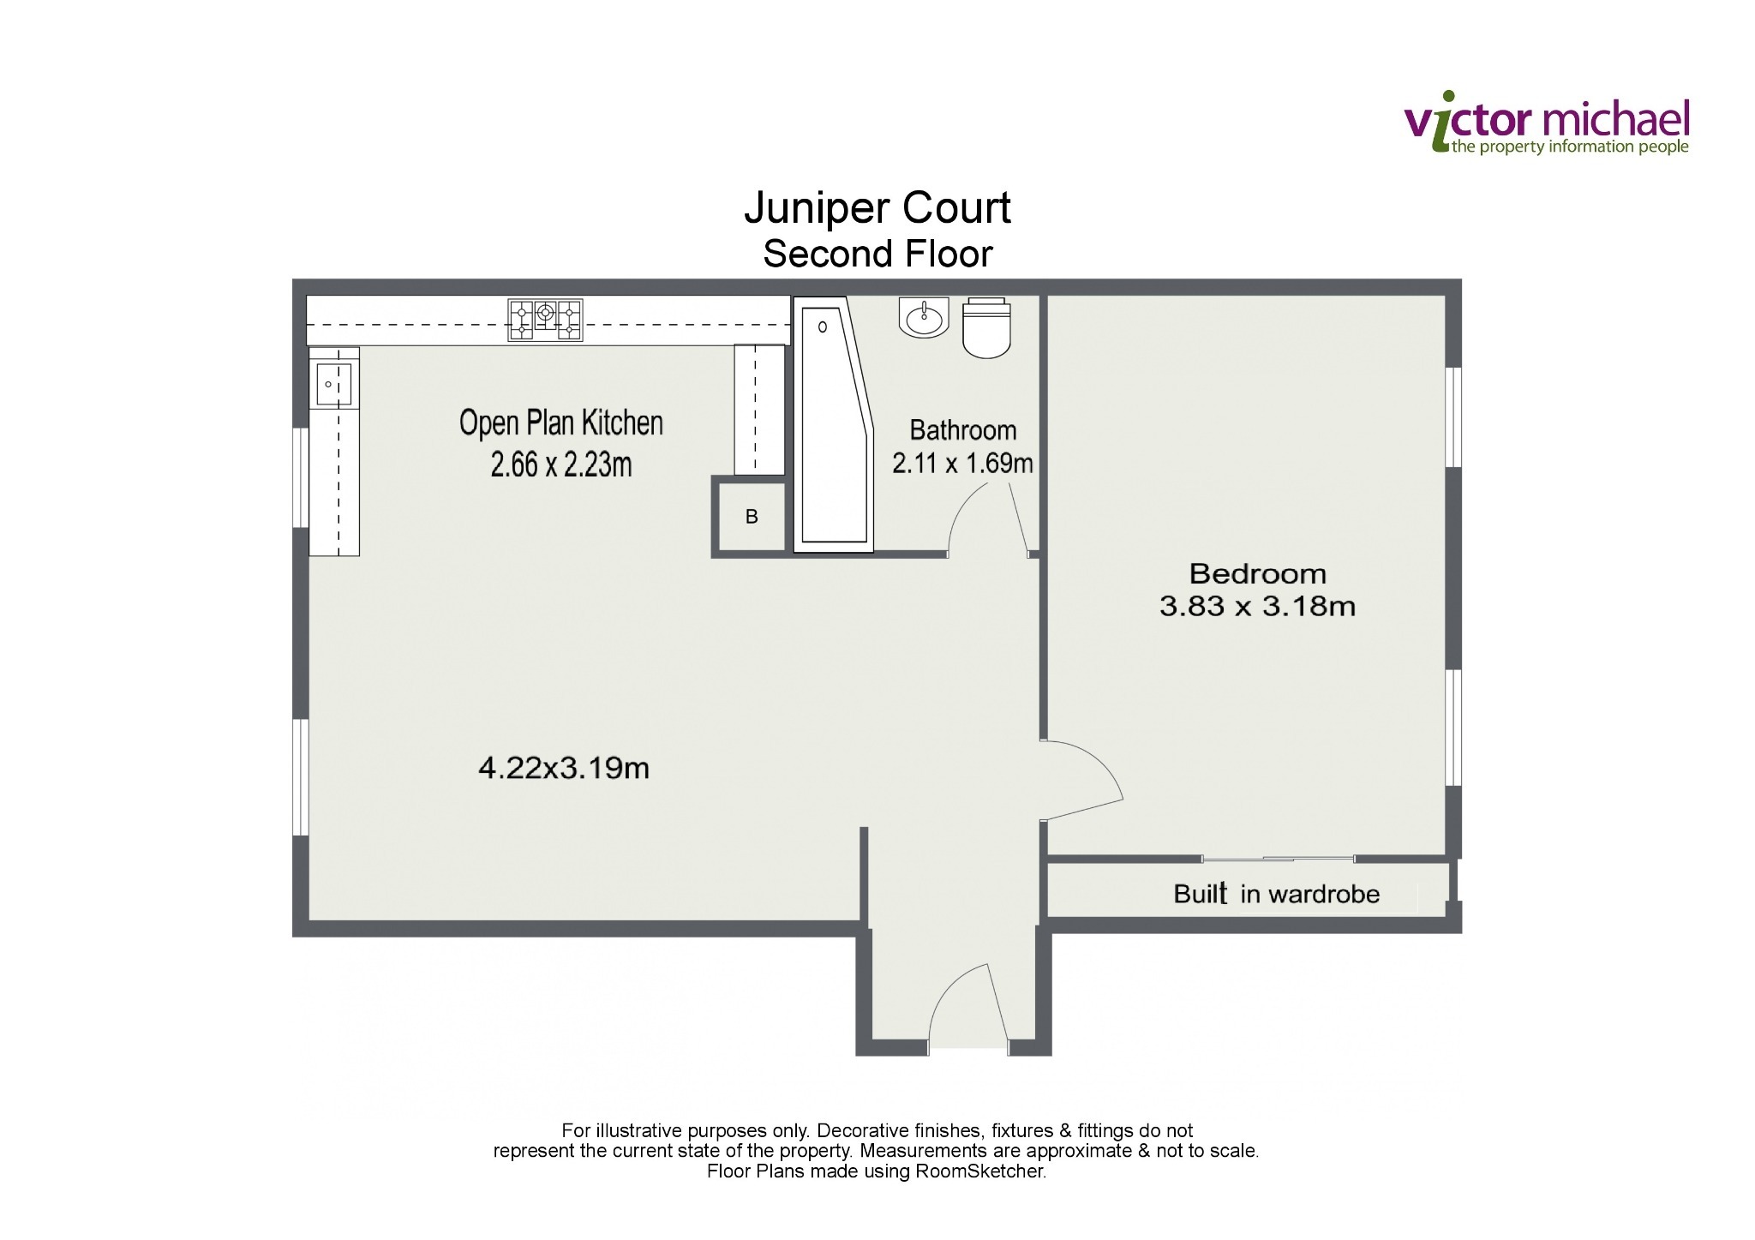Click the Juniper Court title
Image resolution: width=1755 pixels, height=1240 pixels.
877,208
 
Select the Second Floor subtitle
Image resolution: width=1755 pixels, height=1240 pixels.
877,254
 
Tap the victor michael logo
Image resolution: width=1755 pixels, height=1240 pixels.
1547,125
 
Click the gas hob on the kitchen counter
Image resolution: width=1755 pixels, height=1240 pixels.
545,320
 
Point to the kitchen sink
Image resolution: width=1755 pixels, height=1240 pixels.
334,383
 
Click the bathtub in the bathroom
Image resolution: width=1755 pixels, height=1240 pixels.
833,425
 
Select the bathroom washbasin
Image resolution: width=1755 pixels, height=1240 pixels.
923,318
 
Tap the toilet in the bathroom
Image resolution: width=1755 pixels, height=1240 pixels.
986,327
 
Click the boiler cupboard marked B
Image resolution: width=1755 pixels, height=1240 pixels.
752,517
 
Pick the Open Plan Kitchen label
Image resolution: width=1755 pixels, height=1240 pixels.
561,422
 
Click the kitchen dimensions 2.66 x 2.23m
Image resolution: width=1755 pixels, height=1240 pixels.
561,464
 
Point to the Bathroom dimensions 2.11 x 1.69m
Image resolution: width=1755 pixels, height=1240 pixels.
962,464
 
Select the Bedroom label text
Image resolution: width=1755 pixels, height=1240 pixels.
1257,573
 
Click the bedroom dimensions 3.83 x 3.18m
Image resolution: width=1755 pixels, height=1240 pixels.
1257,607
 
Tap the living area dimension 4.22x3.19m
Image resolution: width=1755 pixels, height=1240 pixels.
563,768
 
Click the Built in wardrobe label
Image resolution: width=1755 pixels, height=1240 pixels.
1277,894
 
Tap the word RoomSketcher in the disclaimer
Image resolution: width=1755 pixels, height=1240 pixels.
980,1171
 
